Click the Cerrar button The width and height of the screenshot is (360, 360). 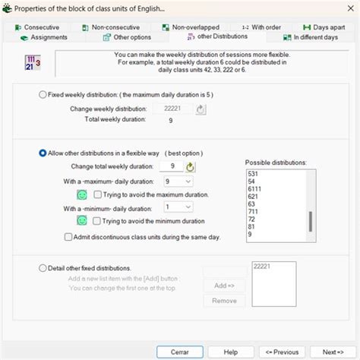[181, 352]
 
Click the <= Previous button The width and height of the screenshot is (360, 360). [282, 352]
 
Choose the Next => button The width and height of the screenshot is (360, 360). [333, 352]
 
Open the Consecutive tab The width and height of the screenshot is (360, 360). [37, 27]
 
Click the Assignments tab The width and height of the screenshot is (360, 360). [44, 37]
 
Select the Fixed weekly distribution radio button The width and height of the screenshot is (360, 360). [43, 95]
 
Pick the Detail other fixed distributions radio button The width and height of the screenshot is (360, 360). [43, 268]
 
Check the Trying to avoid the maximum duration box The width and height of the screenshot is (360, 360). [96, 195]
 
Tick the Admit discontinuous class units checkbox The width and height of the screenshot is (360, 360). [68, 237]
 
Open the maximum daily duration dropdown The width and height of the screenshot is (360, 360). [178, 182]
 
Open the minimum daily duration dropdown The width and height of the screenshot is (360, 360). [178, 207]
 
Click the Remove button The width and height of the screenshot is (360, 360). [223, 301]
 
